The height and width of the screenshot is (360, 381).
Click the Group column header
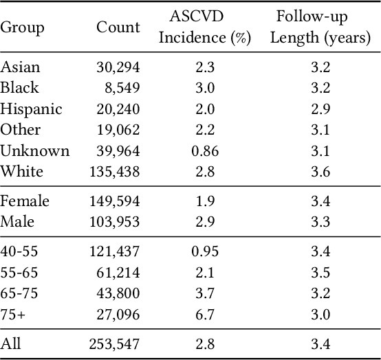tap(22, 28)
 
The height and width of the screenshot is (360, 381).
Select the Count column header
tap(118, 28)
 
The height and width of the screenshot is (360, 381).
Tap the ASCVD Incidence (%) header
tap(204, 27)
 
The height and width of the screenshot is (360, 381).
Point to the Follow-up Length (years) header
tap(320, 27)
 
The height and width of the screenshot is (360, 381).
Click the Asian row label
tap(21, 67)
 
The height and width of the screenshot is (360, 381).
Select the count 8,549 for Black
tap(121, 88)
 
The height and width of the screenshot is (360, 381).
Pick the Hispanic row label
tap(31, 109)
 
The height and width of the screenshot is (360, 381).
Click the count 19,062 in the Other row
tap(118, 130)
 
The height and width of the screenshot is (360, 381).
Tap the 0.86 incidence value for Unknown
tap(204, 151)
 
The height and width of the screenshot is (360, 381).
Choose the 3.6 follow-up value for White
tap(320, 172)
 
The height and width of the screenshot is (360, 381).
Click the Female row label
tap(25, 201)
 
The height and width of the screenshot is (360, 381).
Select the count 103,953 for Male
tap(114, 222)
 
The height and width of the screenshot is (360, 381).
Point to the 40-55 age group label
tap(19, 251)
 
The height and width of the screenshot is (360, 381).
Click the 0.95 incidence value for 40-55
tap(204, 251)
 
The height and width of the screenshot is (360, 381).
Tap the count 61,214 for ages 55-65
tap(118, 272)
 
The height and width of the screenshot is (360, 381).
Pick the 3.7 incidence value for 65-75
tap(204, 293)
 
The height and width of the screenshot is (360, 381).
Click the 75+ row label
tap(13, 314)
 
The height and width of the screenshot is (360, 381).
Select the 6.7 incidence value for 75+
tap(204, 314)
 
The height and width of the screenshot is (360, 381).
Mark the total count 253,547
tap(114, 344)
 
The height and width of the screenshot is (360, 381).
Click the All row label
tap(10, 344)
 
